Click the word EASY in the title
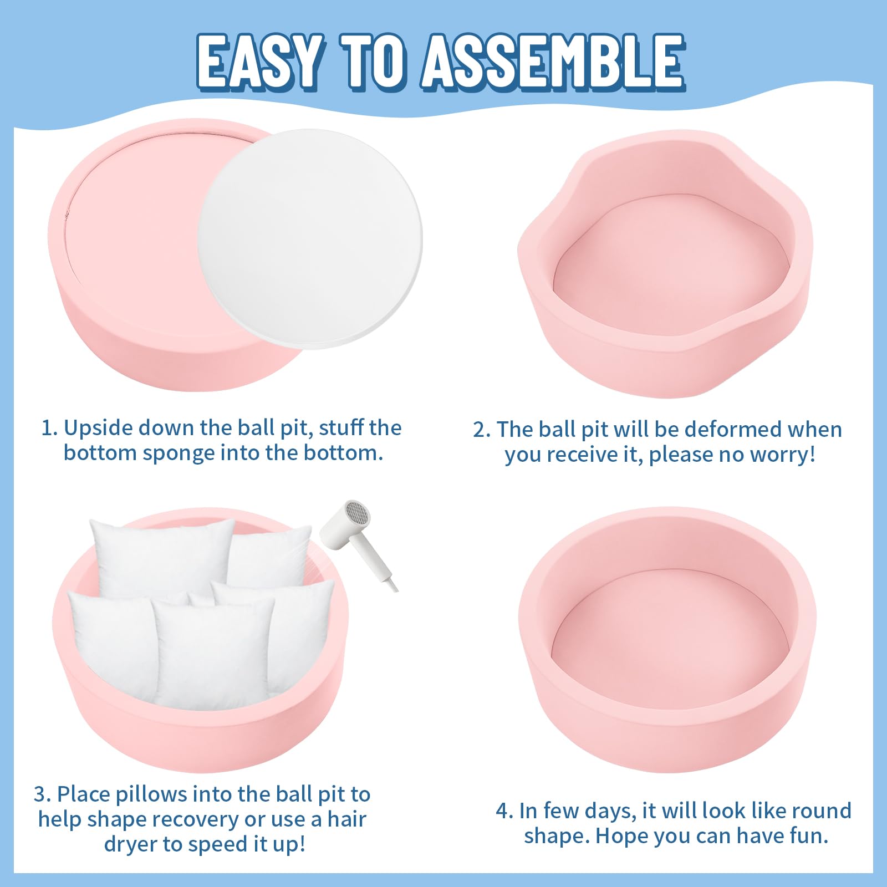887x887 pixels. click(x=259, y=62)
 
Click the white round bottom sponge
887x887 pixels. click(x=310, y=239)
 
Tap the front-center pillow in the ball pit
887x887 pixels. click(x=213, y=654)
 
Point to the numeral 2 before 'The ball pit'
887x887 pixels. click(x=479, y=430)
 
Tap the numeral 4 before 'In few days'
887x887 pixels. click(x=502, y=811)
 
